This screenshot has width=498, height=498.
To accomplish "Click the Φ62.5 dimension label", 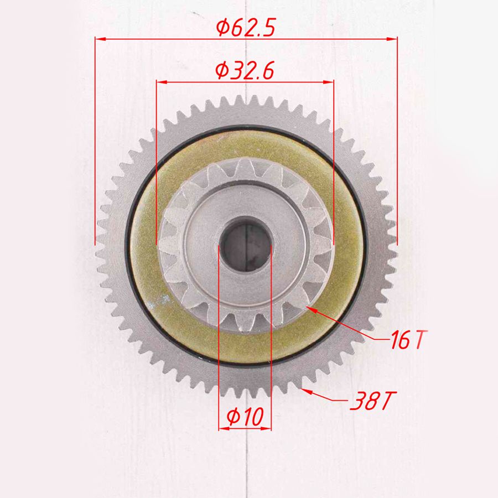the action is point(246,27).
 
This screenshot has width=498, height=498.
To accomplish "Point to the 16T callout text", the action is point(409,340).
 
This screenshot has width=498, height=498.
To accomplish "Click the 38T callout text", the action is point(373,401).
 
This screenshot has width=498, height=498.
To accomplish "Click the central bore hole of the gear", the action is point(246,243).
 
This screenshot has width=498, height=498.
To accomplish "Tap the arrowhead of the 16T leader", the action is point(311,309).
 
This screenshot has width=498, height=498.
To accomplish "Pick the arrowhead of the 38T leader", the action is point(307,391).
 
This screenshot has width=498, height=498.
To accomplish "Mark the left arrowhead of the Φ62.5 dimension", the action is point(100,39).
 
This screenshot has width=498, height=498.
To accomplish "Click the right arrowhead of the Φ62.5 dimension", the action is point(392,39).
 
